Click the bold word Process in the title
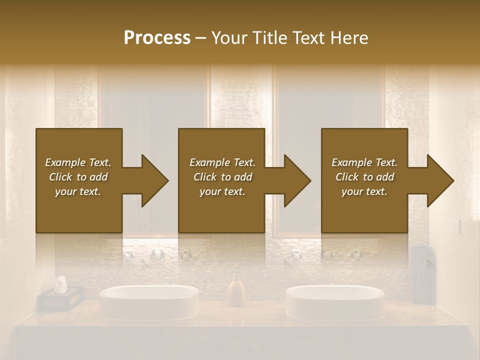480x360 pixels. tap(157, 38)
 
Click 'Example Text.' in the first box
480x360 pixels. tap(78, 162)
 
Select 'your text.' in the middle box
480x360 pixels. tap(222, 191)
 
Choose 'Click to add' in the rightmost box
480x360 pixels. tap(364, 177)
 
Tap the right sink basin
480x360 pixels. tap(335, 301)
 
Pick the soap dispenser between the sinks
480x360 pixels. tap(236, 292)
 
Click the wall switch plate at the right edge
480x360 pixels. tap(454, 227)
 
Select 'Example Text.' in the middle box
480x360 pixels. tap(222, 162)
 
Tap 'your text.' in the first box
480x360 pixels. tap(78, 191)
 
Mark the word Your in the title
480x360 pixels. tap(228, 38)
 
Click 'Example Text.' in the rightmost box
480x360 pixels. tap(364, 162)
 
